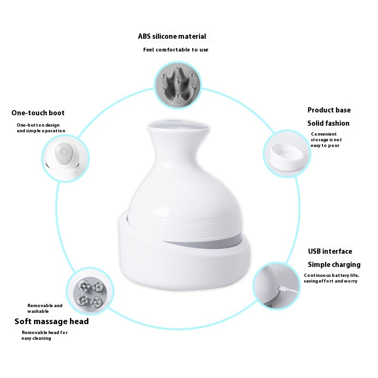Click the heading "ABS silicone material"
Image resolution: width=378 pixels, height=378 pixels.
[172, 36]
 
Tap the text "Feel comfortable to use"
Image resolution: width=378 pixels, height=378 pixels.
[176, 50]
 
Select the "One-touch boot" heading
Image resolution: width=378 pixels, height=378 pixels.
[38, 113]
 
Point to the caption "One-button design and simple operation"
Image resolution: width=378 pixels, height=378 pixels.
[41, 128]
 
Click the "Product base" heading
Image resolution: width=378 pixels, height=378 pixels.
[329, 110]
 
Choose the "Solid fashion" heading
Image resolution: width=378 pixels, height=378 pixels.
[328, 123]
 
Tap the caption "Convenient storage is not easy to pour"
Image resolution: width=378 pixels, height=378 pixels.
[326, 139]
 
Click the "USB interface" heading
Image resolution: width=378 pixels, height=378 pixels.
[330, 251]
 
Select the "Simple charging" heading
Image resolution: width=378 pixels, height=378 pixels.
[334, 265]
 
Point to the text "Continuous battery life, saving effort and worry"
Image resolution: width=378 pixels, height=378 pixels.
[331, 278]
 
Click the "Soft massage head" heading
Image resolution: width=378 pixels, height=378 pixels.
[52, 321]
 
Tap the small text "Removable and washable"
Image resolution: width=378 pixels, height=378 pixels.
[45, 309]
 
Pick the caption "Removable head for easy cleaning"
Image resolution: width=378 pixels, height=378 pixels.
[44, 335]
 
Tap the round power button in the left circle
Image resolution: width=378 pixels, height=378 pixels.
[64, 151]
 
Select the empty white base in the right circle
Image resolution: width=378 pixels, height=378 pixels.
[287, 158]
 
